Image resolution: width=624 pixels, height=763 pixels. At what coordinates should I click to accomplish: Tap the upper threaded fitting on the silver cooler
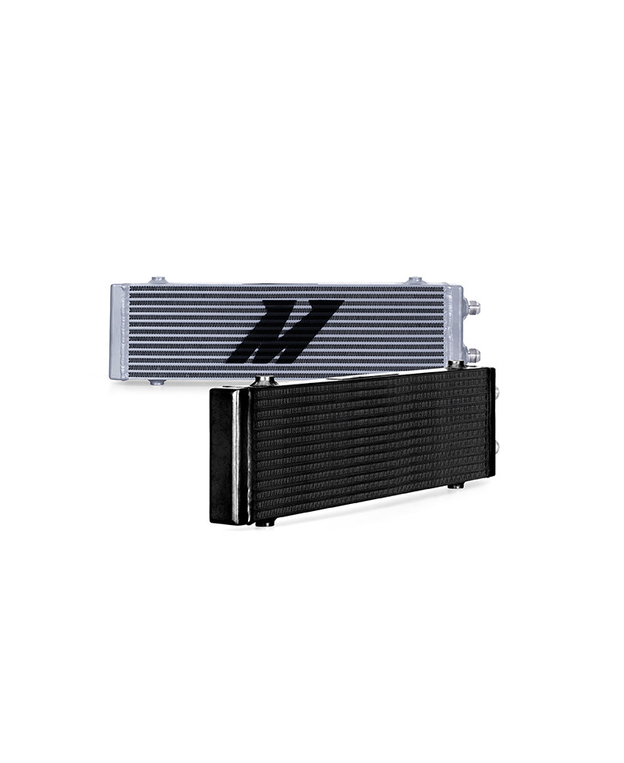coord(473,307)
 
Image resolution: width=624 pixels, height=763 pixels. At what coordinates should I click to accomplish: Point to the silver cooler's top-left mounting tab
coord(158,280)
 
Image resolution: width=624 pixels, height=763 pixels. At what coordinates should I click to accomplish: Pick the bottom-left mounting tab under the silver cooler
coord(157,382)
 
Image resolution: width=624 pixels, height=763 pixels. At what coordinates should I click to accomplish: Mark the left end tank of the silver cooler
coord(119,332)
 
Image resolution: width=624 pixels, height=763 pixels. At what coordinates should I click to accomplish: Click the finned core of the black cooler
coord(367,445)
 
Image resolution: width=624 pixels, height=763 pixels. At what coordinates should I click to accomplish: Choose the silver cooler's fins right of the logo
coord(390,328)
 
